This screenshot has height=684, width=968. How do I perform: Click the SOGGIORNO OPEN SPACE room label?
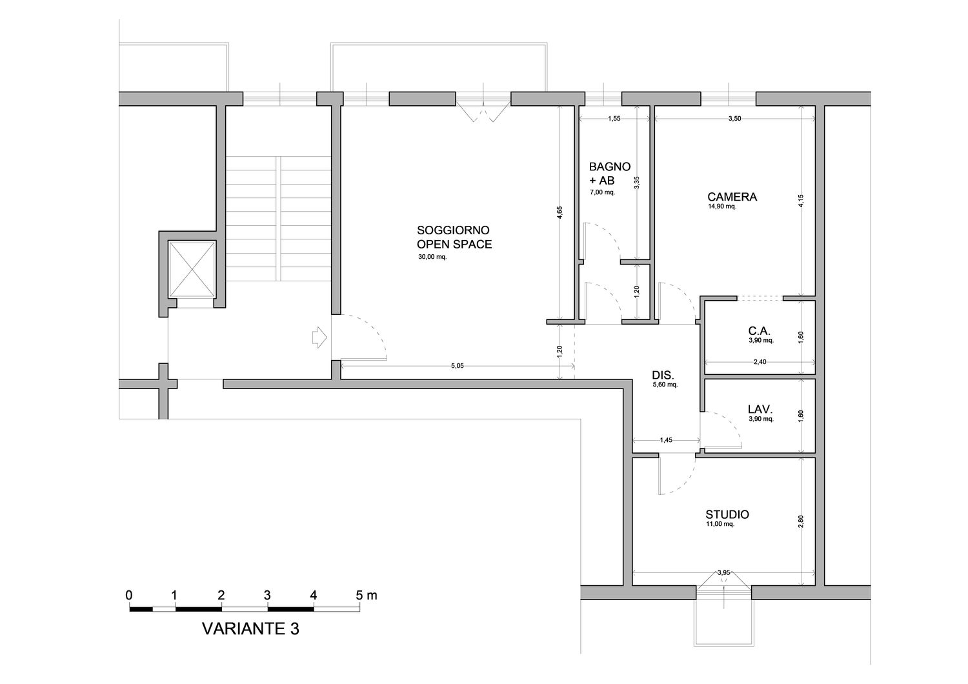[x=454, y=237]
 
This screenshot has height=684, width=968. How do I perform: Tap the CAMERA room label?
[x=732, y=197]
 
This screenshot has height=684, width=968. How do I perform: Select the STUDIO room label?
[x=727, y=514]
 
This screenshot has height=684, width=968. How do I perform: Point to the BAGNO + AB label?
[x=610, y=173]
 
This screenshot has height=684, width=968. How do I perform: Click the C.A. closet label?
[x=760, y=331]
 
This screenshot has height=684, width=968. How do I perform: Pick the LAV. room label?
[x=760, y=408]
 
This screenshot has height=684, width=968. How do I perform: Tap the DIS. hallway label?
[x=663, y=375]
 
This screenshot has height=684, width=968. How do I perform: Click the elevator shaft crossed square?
[x=192, y=269]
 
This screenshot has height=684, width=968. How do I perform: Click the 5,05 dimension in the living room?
[x=457, y=365]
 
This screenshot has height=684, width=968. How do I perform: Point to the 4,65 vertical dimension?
[x=560, y=213]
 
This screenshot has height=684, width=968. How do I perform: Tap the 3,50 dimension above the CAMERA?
[x=734, y=118]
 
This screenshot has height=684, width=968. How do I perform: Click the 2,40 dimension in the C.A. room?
[x=760, y=361]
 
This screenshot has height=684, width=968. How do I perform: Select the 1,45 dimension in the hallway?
[x=666, y=440]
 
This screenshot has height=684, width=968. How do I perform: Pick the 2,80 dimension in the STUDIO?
[x=801, y=521]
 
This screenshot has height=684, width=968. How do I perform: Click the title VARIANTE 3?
[x=250, y=629]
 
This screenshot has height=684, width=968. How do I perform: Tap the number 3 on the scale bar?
[x=267, y=595]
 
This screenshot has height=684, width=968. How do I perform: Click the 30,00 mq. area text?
[x=432, y=257]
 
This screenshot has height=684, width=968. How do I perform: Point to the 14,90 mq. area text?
[x=721, y=206]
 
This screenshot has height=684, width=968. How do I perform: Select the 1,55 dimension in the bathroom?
[x=614, y=118]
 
